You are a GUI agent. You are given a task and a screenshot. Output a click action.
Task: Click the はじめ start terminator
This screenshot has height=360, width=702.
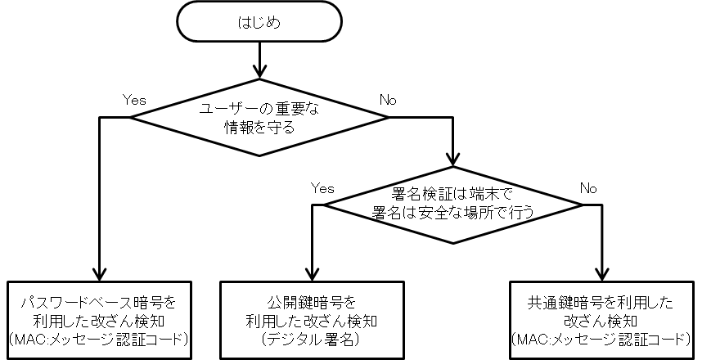(x=259, y=21)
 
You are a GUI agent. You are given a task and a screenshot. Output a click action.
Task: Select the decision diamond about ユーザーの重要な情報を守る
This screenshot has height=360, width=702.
(x=259, y=117)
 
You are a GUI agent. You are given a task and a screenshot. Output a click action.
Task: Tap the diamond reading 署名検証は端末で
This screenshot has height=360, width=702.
(x=453, y=205)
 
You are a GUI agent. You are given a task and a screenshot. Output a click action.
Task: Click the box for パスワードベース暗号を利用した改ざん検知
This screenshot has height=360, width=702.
(x=99, y=320)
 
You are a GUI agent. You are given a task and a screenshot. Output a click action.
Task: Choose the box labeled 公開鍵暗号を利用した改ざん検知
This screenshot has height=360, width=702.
(x=312, y=320)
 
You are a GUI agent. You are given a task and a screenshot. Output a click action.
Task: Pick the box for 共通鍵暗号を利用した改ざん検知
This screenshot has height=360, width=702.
(x=602, y=320)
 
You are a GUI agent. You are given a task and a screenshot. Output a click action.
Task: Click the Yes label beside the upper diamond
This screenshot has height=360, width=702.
(x=134, y=100)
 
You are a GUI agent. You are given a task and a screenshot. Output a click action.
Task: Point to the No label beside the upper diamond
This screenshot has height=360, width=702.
(x=388, y=100)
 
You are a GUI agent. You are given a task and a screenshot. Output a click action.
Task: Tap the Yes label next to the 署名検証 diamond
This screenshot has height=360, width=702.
(x=322, y=188)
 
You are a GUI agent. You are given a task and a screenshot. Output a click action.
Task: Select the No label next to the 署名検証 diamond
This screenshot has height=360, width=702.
(x=588, y=188)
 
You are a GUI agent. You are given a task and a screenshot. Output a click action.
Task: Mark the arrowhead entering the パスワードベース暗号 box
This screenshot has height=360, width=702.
(x=99, y=274)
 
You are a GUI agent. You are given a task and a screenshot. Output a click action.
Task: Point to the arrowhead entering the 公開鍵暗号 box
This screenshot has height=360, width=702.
(x=312, y=274)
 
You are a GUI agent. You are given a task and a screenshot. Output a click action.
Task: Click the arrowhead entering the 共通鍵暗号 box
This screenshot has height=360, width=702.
(x=602, y=274)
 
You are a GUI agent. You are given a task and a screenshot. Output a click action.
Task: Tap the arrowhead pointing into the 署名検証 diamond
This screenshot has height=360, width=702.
(x=453, y=160)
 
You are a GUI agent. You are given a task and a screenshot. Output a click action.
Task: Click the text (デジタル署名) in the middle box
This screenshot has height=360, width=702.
(x=312, y=340)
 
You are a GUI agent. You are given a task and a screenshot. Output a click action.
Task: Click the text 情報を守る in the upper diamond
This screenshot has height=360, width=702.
(x=259, y=128)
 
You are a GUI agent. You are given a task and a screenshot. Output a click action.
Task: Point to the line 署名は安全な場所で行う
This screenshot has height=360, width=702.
(x=453, y=213)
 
